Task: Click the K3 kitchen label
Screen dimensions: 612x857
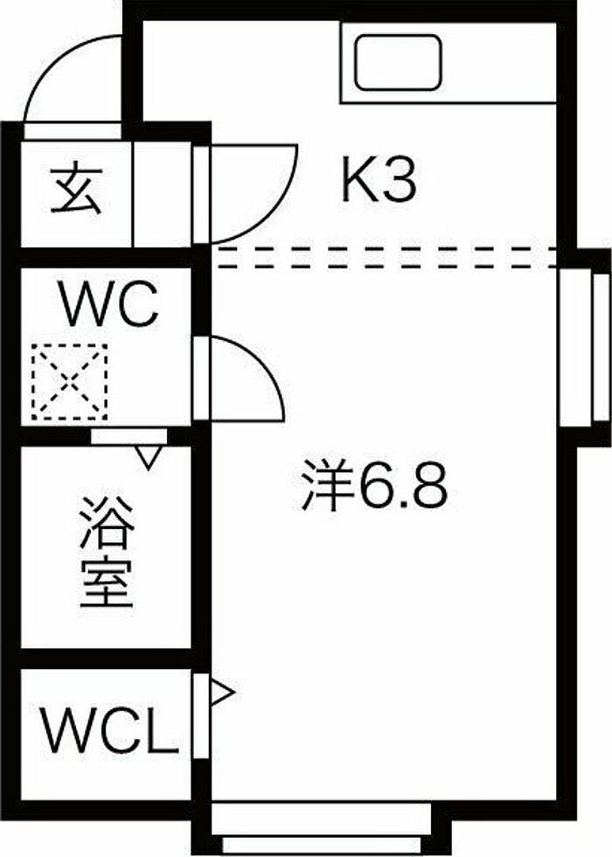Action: click(x=379, y=178)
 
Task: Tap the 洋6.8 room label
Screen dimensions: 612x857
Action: click(x=375, y=484)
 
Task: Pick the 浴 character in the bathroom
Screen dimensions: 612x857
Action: click(x=107, y=523)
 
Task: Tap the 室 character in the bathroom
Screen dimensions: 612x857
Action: click(x=107, y=582)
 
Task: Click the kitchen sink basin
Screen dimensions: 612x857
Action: click(x=398, y=62)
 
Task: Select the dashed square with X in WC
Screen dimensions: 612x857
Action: click(x=69, y=382)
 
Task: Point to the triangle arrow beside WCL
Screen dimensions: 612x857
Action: click(x=222, y=693)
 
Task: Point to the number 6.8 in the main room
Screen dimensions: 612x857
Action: click(x=402, y=485)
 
